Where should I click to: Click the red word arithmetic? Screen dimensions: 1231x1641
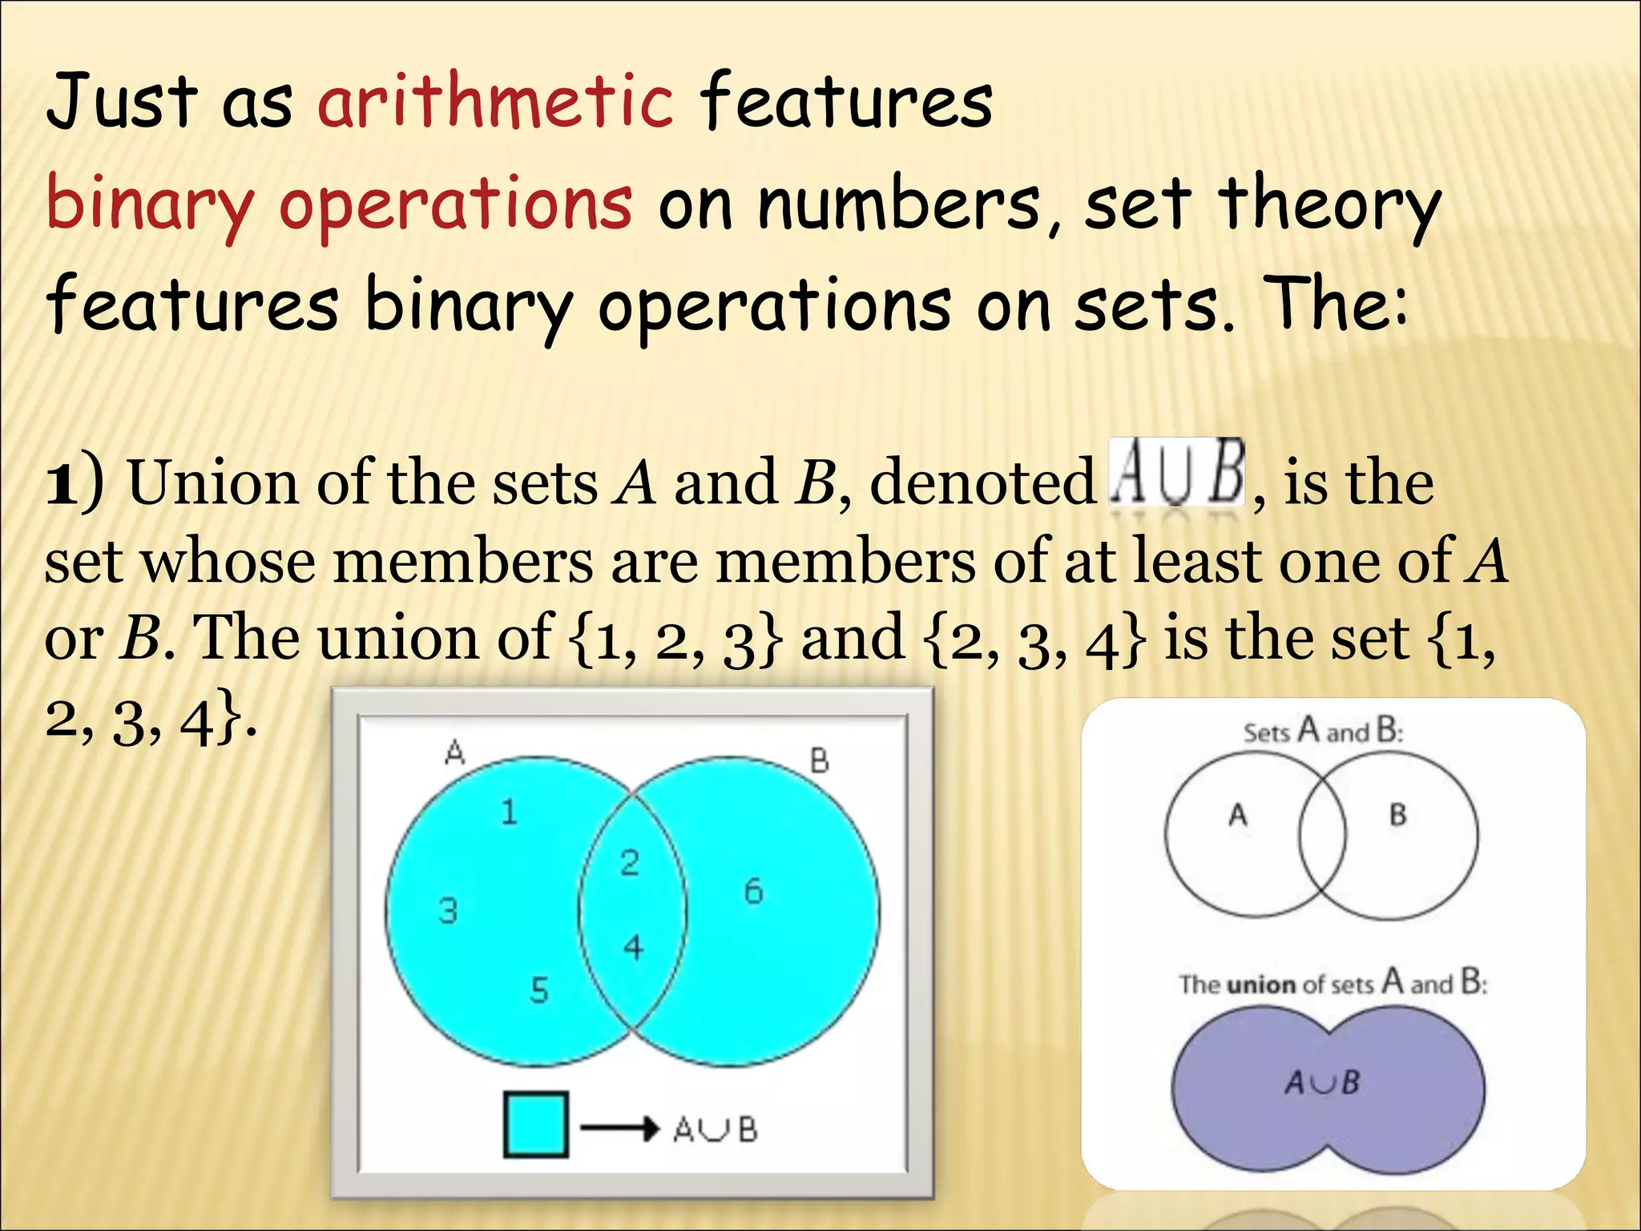(x=495, y=102)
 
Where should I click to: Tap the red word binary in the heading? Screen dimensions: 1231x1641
(x=149, y=204)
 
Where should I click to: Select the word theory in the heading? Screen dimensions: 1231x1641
(x=1330, y=204)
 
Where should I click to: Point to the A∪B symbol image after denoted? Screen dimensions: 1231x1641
(x=1176, y=473)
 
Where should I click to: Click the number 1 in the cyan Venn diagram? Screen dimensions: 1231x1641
(x=509, y=813)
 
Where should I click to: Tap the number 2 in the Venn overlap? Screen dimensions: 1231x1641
(x=630, y=862)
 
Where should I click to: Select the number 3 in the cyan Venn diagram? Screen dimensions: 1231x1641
(x=448, y=910)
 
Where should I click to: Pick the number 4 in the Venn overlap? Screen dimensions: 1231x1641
(x=633, y=948)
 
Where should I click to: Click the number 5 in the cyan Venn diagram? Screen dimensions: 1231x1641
(x=539, y=991)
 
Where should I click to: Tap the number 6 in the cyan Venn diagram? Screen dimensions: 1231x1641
(x=753, y=891)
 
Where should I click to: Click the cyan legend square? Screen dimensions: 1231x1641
(x=536, y=1124)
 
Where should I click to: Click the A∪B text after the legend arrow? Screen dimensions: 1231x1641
(x=715, y=1130)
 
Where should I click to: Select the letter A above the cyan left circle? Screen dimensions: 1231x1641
(x=454, y=753)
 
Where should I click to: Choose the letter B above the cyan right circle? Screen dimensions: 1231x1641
(x=819, y=761)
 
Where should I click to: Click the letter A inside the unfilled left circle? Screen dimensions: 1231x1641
(x=1238, y=815)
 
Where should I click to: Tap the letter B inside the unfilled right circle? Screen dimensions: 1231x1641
(x=1398, y=815)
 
